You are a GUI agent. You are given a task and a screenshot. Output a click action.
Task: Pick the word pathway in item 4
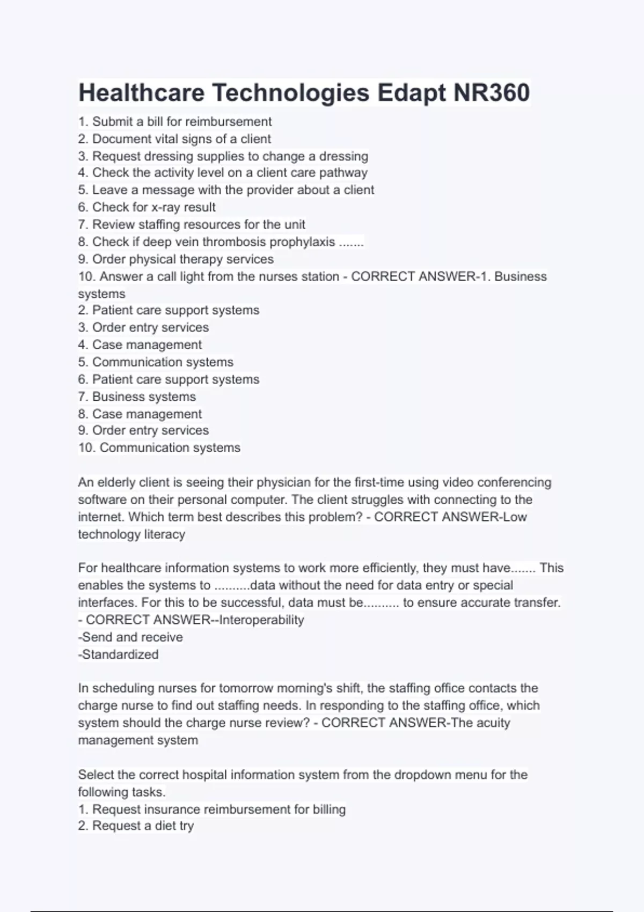click(x=343, y=173)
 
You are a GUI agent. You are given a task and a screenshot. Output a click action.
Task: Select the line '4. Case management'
click(x=140, y=345)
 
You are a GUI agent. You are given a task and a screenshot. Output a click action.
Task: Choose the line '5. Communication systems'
click(x=156, y=362)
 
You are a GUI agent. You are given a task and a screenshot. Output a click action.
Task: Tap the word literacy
click(x=161, y=534)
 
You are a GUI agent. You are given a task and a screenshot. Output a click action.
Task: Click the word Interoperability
click(x=261, y=620)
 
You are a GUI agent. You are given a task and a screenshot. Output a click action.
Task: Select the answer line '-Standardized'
click(x=118, y=654)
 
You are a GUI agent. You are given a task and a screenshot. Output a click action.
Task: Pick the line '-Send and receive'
click(x=130, y=637)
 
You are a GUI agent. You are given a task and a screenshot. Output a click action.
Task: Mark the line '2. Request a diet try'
click(x=136, y=826)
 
